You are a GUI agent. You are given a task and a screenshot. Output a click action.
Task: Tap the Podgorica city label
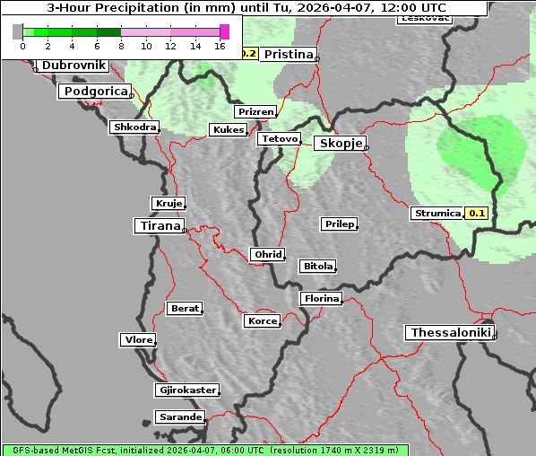coord(95,92)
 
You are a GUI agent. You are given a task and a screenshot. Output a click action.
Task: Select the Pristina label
coord(288,55)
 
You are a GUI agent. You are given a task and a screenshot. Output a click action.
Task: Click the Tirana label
coord(160,226)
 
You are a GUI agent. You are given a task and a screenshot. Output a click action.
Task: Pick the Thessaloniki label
coord(450,333)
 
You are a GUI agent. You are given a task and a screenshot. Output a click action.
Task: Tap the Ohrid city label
coord(267,255)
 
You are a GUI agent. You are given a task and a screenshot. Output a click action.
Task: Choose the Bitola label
coord(317,267)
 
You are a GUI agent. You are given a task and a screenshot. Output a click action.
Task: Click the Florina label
coord(321,299)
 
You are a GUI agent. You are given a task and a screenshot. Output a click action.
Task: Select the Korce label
coord(262,321)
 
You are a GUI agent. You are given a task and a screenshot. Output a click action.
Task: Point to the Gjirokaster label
coord(186,390)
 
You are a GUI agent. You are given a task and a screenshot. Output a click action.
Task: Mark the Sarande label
coord(180,417)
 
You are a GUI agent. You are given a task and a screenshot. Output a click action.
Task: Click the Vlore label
coord(137,340)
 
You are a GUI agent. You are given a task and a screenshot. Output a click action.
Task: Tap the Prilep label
coord(340,224)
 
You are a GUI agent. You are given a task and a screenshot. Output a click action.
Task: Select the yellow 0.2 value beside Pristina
coord(249,54)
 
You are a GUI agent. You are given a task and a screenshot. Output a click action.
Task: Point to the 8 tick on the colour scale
coord(121,45)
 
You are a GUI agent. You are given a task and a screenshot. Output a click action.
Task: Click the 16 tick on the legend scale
coord(220,45)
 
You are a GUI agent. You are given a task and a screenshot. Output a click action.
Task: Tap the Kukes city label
coord(228,130)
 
